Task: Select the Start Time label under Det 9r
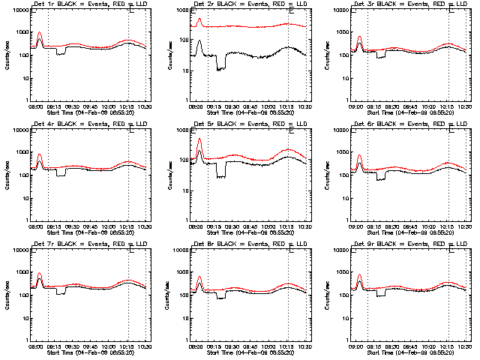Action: click(x=412, y=350)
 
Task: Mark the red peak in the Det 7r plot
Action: click(x=39, y=273)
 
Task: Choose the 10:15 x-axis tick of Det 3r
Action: click(x=448, y=105)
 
